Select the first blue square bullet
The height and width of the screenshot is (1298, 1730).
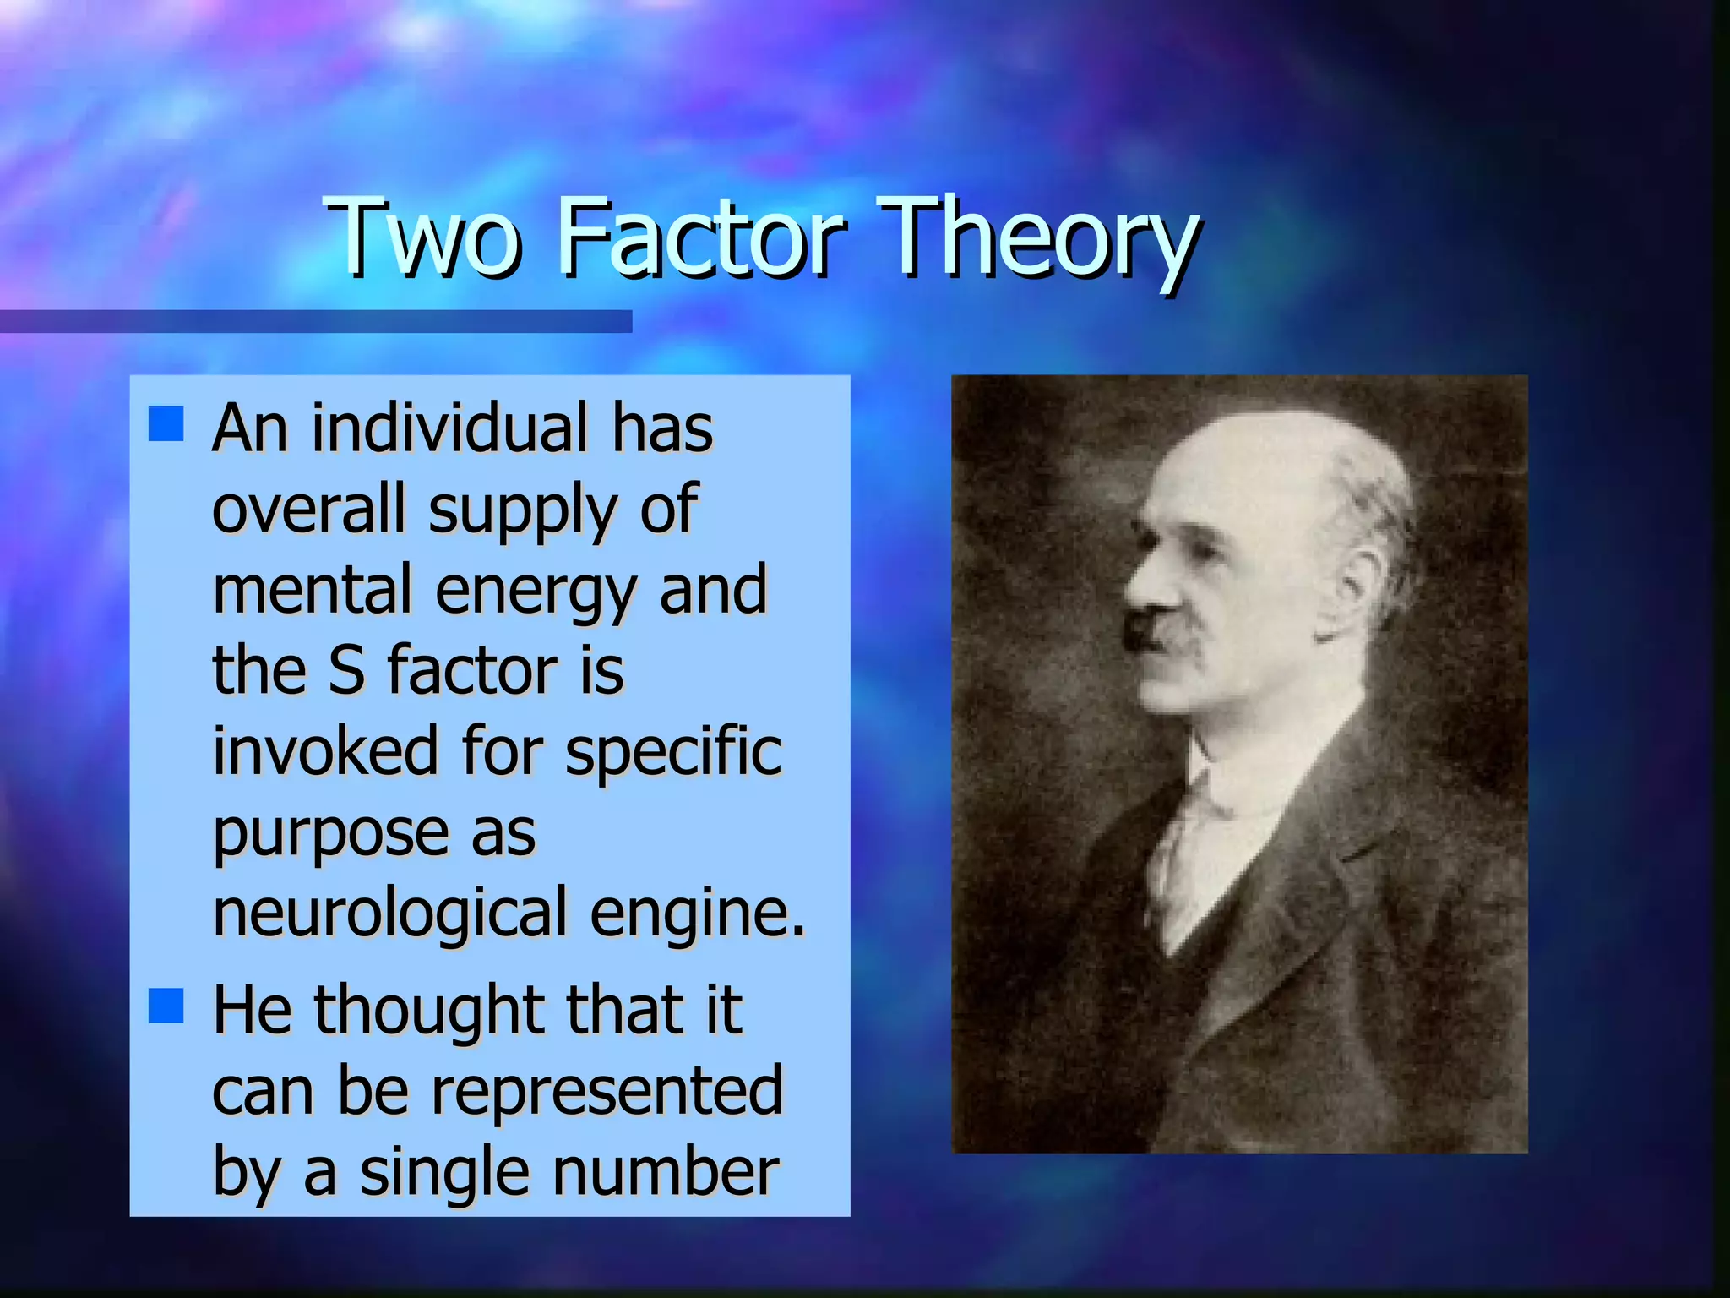coord(166,424)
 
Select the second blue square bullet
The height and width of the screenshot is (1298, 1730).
coord(166,1006)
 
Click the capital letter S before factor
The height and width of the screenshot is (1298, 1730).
coord(346,670)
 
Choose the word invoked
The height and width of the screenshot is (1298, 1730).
coord(325,751)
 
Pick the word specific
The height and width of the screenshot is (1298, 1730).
coord(673,753)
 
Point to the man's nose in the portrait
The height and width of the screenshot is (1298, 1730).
coord(1140,583)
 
